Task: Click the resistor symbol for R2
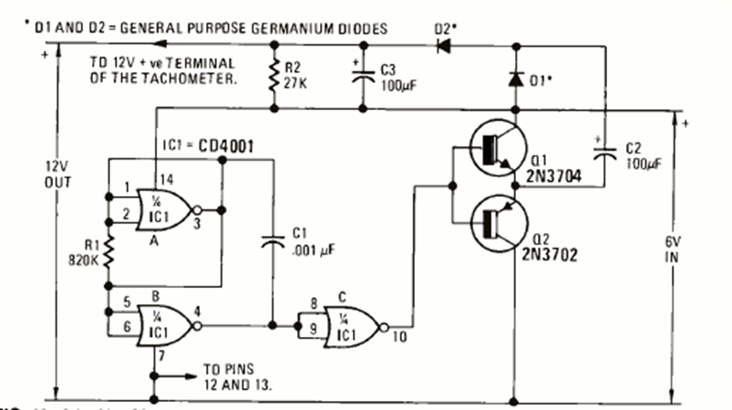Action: tap(272, 76)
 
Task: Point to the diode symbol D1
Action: tap(517, 80)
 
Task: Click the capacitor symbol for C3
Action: tap(363, 77)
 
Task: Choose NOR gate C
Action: tap(356, 324)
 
